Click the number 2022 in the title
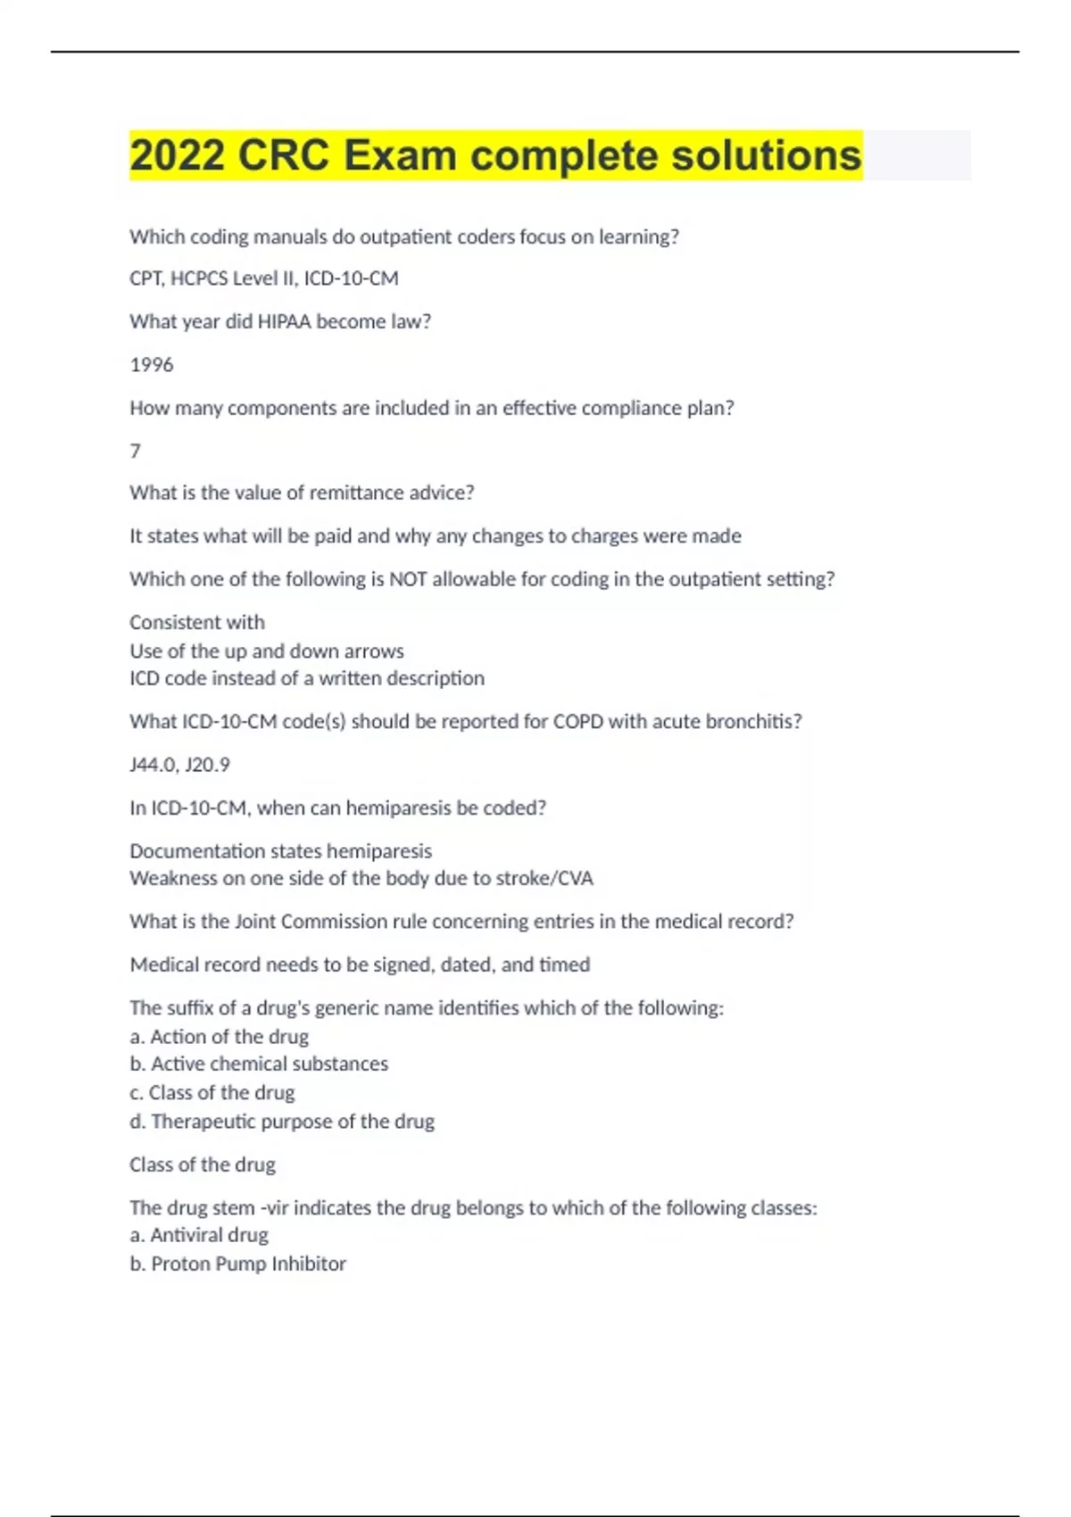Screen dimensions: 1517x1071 [x=177, y=155]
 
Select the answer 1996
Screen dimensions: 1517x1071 [x=152, y=364]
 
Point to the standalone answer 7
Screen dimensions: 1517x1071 [x=135, y=451]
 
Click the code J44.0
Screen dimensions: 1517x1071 [x=153, y=765]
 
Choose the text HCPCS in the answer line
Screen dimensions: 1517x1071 [x=199, y=278]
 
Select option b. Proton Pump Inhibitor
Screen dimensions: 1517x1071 [x=238, y=1264]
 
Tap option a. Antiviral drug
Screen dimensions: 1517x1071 [x=199, y=1235]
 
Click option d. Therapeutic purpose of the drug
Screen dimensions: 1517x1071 [x=282, y=1122]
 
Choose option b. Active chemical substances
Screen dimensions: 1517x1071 [x=259, y=1064]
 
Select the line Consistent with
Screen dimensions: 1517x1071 [x=197, y=622]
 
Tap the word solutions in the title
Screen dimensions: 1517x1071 [x=766, y=155]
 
